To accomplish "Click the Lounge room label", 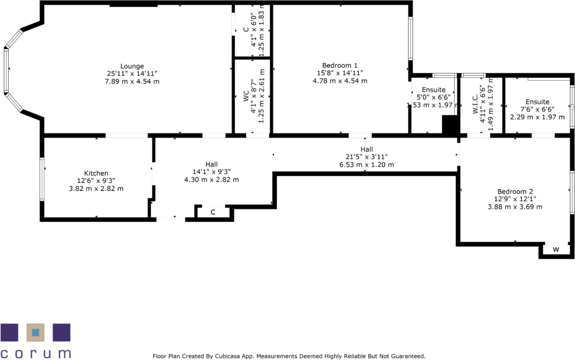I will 132,66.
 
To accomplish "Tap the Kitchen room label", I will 96,174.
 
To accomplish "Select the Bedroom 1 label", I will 339,65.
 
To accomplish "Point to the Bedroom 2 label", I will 515,192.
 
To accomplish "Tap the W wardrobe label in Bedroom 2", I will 556,250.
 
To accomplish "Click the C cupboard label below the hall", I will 213,212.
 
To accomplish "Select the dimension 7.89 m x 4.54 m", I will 132,81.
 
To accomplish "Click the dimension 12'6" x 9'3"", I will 96,181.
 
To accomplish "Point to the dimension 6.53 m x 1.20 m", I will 366,165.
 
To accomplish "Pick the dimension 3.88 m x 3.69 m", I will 515,207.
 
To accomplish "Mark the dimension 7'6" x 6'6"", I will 537,109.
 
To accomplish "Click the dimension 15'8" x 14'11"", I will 339,73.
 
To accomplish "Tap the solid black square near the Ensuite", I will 450,125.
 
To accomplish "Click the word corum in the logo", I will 35,354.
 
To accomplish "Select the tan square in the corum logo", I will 35,333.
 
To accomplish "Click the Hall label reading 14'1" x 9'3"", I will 211,172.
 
